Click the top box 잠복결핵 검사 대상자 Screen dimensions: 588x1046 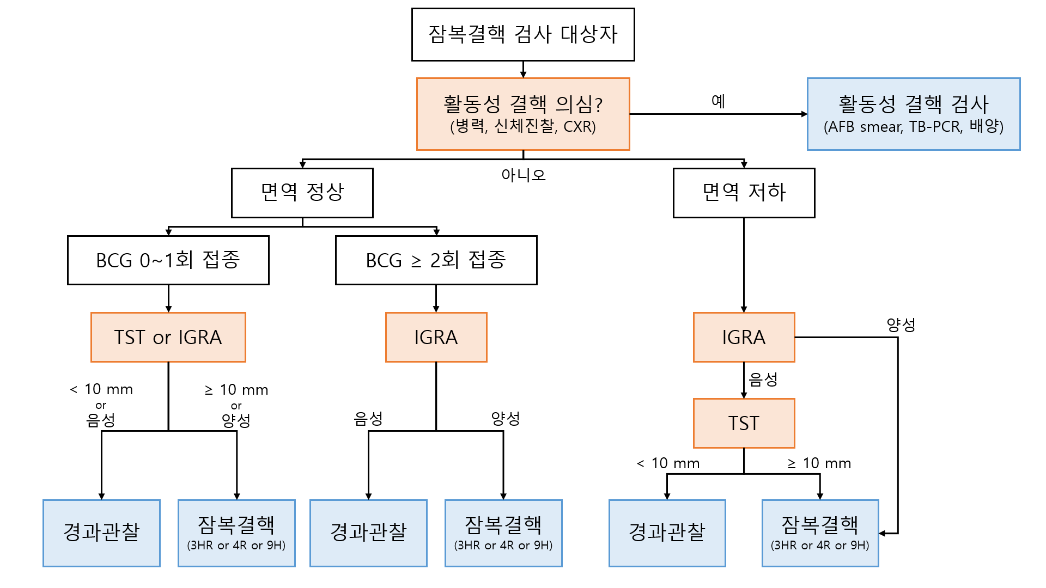pos(523,34)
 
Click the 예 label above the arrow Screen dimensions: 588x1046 pos(718,101)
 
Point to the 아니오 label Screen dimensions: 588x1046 pos(523,175)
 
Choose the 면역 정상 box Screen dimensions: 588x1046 pos(302,193)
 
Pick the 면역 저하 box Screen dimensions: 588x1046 pos(744,193)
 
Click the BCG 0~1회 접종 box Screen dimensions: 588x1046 pos(168,260)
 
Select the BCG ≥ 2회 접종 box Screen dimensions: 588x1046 pos(436,260)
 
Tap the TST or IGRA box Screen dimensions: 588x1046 pos(168,337)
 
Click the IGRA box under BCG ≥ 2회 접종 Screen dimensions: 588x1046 pos(436,337)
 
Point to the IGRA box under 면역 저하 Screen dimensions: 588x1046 pos(744,337)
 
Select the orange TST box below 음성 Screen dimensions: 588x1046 pos(744,423)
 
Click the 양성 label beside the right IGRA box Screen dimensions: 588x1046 pos(901,325)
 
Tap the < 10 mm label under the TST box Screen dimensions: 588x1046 pos(668,463)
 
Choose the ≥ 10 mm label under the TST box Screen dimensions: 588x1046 pos(819,463)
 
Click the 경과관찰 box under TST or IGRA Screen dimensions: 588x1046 pos(101,532)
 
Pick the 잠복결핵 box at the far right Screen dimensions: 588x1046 pos(820,532)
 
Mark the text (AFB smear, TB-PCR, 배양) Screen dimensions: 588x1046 pos(913,127)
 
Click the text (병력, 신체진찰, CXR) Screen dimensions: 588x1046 pos(523,127)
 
